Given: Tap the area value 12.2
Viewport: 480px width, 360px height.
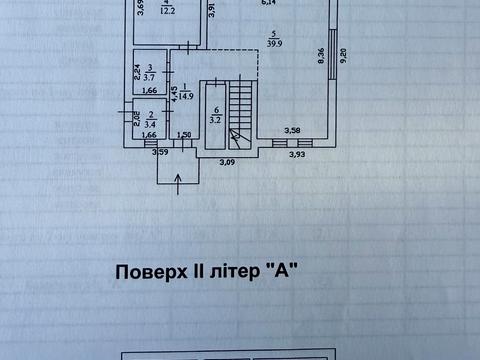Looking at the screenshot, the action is point(168,11).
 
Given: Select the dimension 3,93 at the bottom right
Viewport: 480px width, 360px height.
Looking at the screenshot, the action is point(298,154).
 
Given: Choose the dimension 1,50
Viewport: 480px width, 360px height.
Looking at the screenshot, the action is point(184,135).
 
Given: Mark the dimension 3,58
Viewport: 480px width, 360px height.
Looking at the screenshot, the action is point(292,130).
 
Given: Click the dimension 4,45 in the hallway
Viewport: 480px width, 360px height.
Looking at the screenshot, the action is point(174,95).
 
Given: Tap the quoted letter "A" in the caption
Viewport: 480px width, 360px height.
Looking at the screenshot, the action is point(286,270).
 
